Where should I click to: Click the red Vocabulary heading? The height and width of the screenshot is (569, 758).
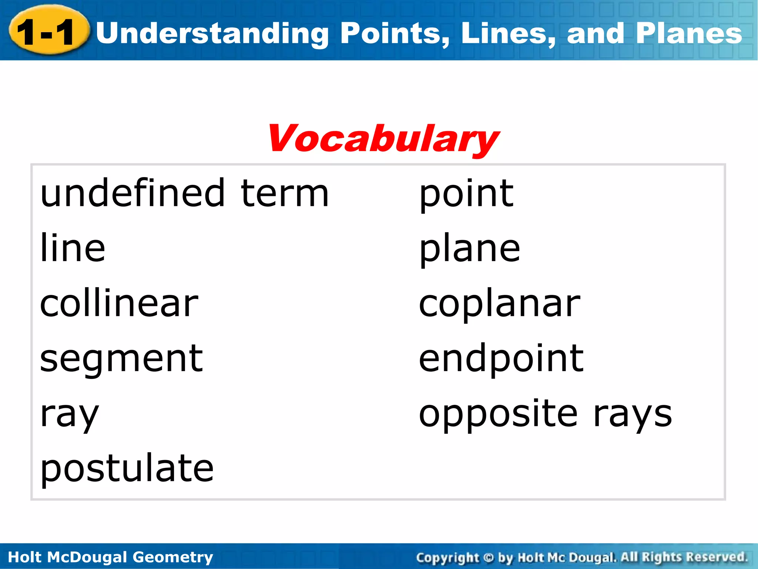pyautogui.click(x=383, y=139)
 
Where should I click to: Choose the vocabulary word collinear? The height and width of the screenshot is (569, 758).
pyautogui.click(x=119, y=303)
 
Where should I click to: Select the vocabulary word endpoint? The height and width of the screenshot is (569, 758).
pyautogui.click(x=501, y=358)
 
